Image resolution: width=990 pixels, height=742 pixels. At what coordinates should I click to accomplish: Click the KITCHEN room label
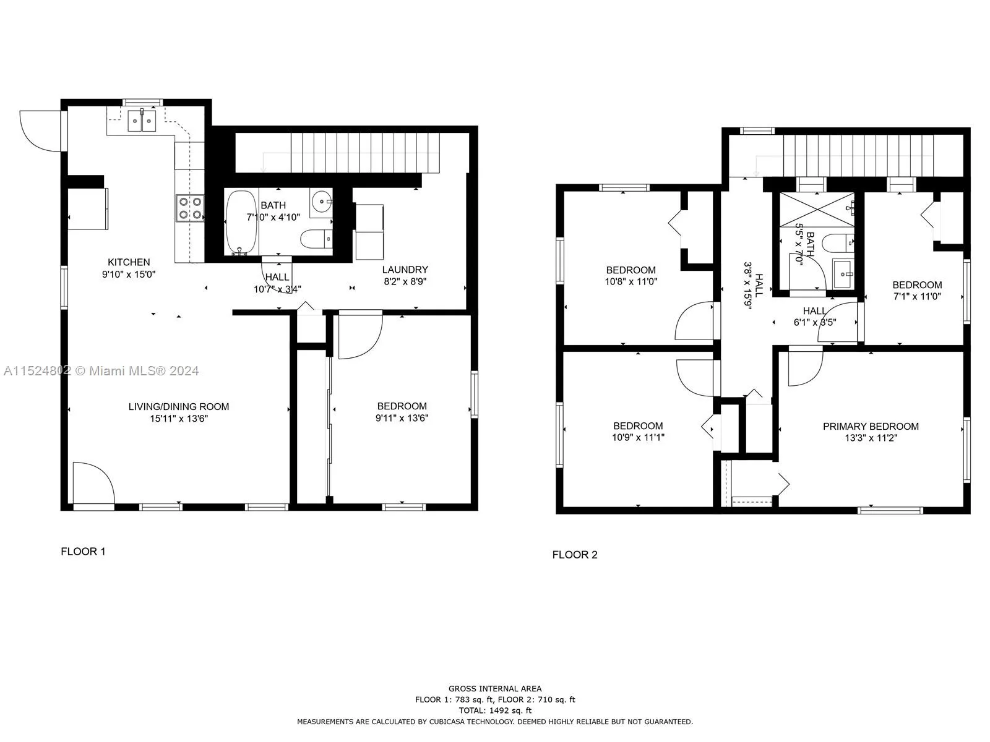(129, 262)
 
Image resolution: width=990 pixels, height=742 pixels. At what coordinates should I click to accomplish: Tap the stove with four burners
(190, 208)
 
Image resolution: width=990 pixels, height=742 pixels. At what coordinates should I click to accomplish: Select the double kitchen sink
(143, 121)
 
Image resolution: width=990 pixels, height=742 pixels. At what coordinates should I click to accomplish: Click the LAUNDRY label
(405, 270)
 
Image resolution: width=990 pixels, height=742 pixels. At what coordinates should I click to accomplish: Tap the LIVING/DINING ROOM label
(179, 407)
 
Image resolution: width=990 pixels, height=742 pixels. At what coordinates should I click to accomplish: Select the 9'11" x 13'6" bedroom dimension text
(402, 418)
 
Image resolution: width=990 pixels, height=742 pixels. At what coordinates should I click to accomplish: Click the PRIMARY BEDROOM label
(870, 426)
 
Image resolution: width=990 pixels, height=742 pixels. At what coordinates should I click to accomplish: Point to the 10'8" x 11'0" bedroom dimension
(631, 281)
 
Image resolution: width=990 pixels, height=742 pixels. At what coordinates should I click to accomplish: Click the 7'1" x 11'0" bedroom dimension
(916, 296)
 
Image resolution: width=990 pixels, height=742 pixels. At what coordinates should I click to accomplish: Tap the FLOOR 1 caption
(83, 552)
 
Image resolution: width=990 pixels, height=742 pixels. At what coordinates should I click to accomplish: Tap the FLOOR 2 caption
(575, 555)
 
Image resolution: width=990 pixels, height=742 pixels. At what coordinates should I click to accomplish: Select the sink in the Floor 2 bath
(842, 273)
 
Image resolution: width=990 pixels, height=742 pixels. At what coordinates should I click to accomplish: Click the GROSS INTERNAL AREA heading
(494, 688)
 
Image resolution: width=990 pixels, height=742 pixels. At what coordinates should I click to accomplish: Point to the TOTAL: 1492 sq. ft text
(494, 710)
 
